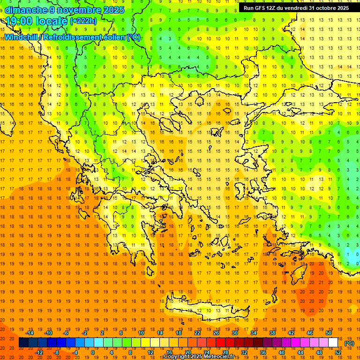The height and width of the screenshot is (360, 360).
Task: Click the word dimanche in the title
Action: click(26, 10)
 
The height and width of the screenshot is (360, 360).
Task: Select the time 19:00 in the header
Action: click(21, 21)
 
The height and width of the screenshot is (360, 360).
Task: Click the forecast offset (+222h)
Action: click(83, 21)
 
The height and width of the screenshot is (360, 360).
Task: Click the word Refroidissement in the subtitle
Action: click(87, 37)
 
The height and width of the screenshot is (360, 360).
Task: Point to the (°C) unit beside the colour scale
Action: click(349, 344)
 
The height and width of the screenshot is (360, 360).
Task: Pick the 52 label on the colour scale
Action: click(338, 352)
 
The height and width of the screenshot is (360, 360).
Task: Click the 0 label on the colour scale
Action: click(92, 352)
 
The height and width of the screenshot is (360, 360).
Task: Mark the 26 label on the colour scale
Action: click(216, 332)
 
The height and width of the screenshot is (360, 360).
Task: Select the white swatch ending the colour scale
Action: click(333, 343)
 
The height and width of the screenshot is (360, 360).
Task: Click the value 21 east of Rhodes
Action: click(321, 282)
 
